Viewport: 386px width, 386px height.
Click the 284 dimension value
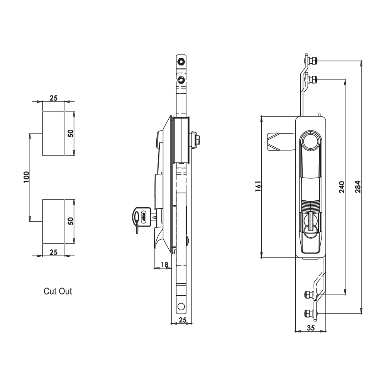coord(358,187)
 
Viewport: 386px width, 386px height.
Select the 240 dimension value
coord(342,187)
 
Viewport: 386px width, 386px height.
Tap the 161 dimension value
coord(258,186)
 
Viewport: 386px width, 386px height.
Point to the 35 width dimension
coord(311,328)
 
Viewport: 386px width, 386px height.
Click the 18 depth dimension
coord(164,265)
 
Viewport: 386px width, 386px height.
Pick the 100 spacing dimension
coord(26,177)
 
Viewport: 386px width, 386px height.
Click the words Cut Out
coord(58,291)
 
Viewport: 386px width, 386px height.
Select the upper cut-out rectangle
coord(53,134)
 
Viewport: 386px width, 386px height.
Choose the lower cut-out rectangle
coord(53,222)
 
